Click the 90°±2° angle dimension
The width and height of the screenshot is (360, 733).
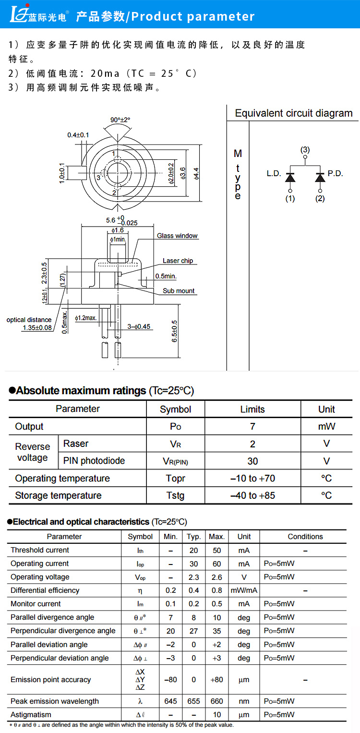coord(120,120)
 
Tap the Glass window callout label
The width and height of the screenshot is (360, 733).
coord(177,236)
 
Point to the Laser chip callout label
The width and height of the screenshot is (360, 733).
coord(178,261)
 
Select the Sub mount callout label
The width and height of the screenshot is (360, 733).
coord(179,291)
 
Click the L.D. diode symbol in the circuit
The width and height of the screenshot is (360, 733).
coord(290,177)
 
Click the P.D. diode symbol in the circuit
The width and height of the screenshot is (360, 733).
coord(320,177)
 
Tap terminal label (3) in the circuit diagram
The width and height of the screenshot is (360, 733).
coord(305,150)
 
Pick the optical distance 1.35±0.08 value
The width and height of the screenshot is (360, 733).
coord(37,328)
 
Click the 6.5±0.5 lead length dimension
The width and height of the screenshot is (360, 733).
coord(174,331)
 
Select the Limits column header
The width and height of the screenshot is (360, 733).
coord(252,409)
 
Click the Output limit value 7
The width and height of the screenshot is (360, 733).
coord(252,426)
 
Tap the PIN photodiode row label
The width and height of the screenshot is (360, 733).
coord(94,461)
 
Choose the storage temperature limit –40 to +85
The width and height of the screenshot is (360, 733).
coord(252,495)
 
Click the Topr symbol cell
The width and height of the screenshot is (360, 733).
coord(175,479)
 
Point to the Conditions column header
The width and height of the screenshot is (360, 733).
coord(305,537)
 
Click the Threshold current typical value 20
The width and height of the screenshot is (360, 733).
coord(194,551)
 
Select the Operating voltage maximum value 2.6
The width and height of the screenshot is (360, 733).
coord(216,577)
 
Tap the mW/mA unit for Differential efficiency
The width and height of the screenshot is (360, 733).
coord(244,590)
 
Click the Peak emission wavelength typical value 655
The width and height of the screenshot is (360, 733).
coord(194,701)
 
